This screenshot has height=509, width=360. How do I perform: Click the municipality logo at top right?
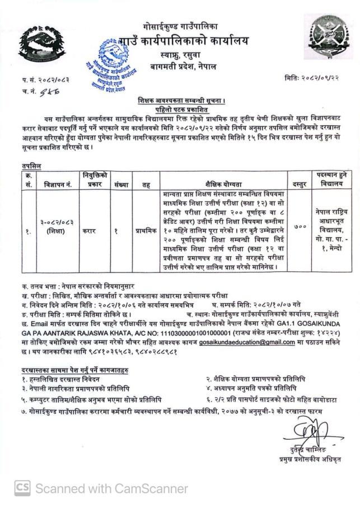(x=328, y=36)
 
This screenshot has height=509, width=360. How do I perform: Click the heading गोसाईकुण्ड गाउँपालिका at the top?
(x=180, y=26)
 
